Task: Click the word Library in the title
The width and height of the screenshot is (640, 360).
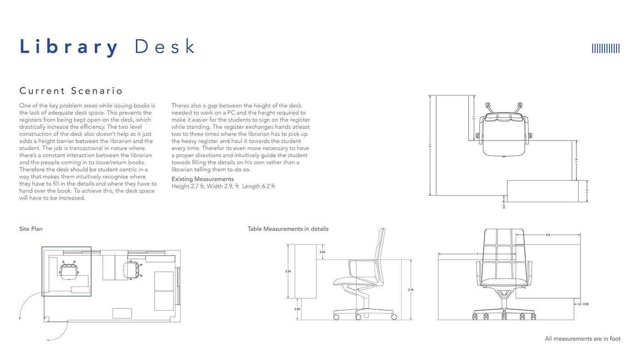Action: pos(69,48)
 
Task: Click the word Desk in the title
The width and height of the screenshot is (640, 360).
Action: pos(165,47)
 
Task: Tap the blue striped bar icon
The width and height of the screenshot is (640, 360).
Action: pos(606,48)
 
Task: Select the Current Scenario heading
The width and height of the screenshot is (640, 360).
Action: pos(71,91)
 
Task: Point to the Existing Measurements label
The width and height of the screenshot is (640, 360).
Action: pos(203,179)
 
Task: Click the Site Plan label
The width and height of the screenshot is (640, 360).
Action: pos(31,229)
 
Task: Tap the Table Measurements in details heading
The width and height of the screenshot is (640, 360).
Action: pos(288,229)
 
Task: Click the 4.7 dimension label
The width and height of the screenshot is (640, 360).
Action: pos(430,145)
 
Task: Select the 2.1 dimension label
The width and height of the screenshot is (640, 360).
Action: pos(474,118)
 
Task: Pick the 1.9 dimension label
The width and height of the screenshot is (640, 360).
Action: pos(576,160)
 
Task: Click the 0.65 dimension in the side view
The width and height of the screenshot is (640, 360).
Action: pos(323,252)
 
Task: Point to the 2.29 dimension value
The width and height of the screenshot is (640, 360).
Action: pos(288,271)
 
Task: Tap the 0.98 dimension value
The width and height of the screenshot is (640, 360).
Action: pos(298,309)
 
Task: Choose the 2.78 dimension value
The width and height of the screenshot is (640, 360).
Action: pos(411,290)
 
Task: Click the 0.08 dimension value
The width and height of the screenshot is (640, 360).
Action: pos(586,304)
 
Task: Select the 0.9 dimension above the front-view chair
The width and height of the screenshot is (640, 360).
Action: pos(548,235)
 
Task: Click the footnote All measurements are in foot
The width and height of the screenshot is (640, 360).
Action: pos(582,339)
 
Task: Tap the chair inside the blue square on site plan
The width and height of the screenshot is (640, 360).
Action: pos(69,270)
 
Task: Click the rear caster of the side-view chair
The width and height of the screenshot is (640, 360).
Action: pos(337,317)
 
